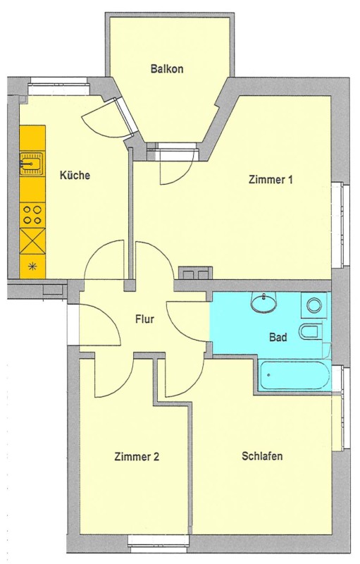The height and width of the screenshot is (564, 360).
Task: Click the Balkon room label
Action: (167, 68)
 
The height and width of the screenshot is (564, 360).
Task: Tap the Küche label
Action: (75, 175)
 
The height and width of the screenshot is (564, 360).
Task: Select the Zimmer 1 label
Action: (271, 180)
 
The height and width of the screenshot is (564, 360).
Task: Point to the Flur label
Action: (145, 319)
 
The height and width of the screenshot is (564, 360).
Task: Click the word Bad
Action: (278, 338)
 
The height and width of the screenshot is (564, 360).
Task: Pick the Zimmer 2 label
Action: (137, 457)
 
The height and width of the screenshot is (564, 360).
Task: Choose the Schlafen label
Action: (262, 456)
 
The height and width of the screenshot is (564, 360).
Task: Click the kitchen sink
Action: (32, 164)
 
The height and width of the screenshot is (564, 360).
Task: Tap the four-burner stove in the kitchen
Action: (32, 215)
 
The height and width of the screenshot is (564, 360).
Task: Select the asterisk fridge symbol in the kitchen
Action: (32, 266)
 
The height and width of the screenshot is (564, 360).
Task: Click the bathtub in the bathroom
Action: (294, 376)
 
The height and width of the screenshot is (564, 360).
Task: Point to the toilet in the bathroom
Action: (311, 331)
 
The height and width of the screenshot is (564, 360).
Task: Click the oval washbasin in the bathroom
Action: (265, 302)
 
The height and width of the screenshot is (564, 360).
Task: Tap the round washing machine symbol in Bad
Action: (314, 305)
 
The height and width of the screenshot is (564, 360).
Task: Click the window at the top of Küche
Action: (58, 87)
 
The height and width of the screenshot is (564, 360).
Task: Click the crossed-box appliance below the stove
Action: (32, 241)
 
